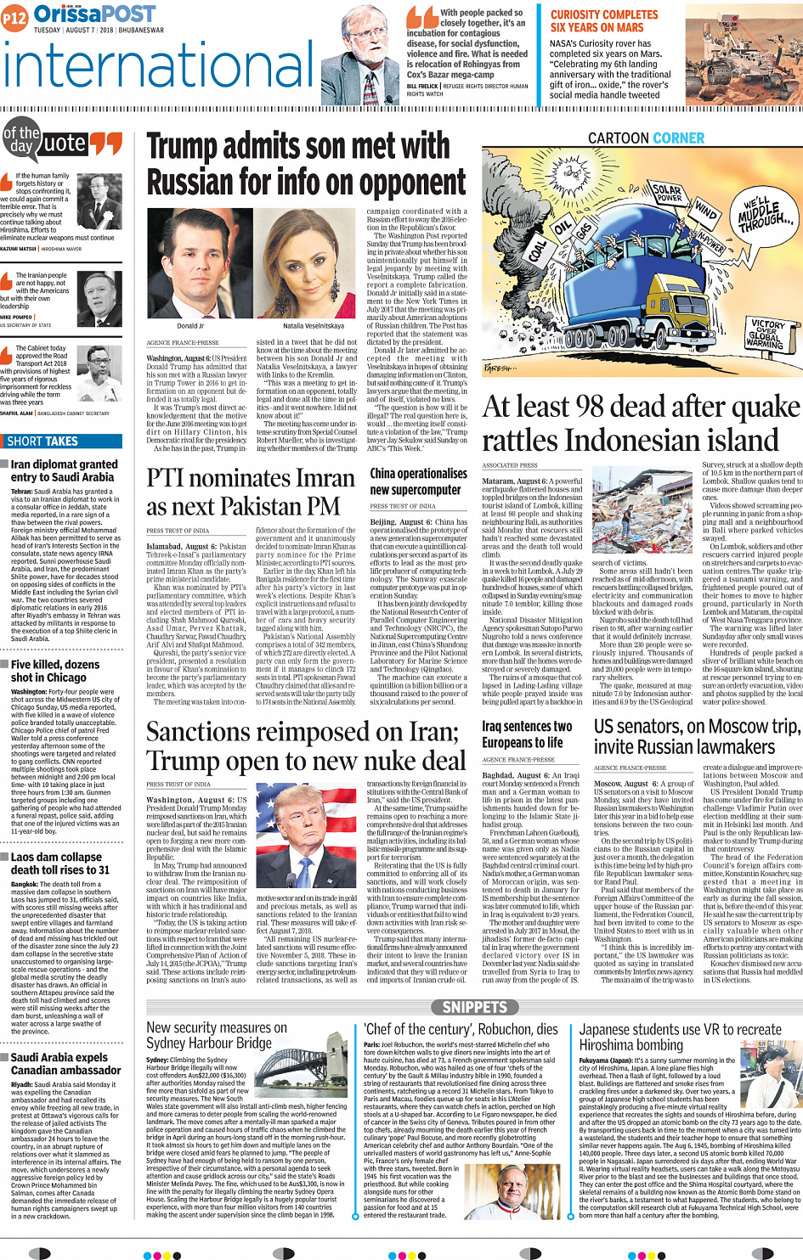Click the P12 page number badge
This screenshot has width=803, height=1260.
pos(14,16)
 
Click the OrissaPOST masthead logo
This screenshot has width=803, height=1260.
pos(93,14)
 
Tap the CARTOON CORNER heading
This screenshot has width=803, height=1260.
pos(646,138)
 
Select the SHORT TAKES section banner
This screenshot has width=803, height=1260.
pos(42,442)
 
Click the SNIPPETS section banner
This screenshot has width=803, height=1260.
pos(474,1007)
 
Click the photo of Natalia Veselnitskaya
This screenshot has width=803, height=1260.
pos(313,272)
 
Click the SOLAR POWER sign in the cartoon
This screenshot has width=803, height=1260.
pos(668,193)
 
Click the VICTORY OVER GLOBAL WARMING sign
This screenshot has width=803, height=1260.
pos(766,335)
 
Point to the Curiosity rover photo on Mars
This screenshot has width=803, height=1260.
pos(744,54)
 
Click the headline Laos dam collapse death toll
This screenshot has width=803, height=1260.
pos(59,863)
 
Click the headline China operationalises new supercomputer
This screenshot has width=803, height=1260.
pos(418,481)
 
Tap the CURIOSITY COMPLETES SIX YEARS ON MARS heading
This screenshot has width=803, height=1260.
pos(603,21)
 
